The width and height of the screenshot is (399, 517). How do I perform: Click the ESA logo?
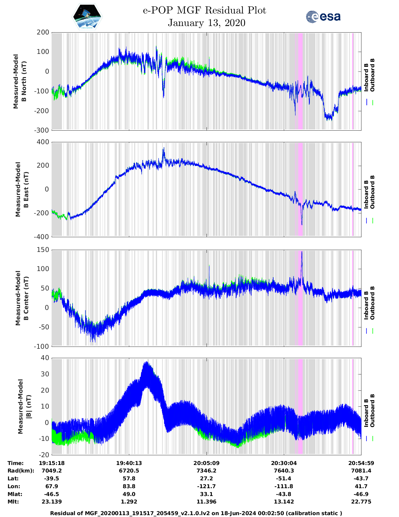point(323,17)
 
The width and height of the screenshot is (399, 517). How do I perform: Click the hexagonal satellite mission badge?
point(87,17)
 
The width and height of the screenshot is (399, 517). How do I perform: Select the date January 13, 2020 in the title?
point(206,23)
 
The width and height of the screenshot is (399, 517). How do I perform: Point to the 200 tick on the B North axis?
point(43,32)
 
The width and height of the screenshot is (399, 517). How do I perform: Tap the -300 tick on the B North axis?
point(42,130)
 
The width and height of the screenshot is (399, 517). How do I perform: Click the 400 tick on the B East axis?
point(43,142)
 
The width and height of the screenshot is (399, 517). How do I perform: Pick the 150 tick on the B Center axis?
point(43,250)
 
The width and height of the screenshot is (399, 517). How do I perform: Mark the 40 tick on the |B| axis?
point(45,358)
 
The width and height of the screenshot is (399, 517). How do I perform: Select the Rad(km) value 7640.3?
point(284,471)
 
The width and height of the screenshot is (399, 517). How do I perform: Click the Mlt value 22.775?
point(361,502)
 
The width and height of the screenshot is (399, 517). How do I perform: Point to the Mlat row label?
point(14,494)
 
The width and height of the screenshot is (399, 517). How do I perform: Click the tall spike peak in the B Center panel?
point(302,252)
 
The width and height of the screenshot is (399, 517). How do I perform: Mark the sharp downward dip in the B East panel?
point(302,224)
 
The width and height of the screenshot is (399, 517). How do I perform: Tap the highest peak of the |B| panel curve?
point(146,363)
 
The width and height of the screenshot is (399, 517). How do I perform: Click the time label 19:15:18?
point(52,463)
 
